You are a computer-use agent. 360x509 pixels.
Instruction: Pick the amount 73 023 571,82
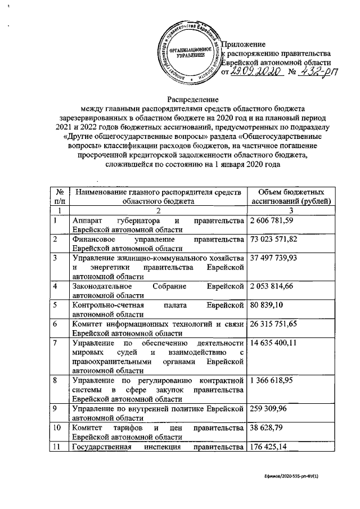click(276, 240)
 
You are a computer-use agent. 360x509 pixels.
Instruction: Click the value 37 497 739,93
click(276, 258)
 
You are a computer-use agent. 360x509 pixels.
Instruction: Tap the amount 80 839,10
click(267, 306)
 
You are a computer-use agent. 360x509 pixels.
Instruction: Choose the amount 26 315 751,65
click(276, 325)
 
